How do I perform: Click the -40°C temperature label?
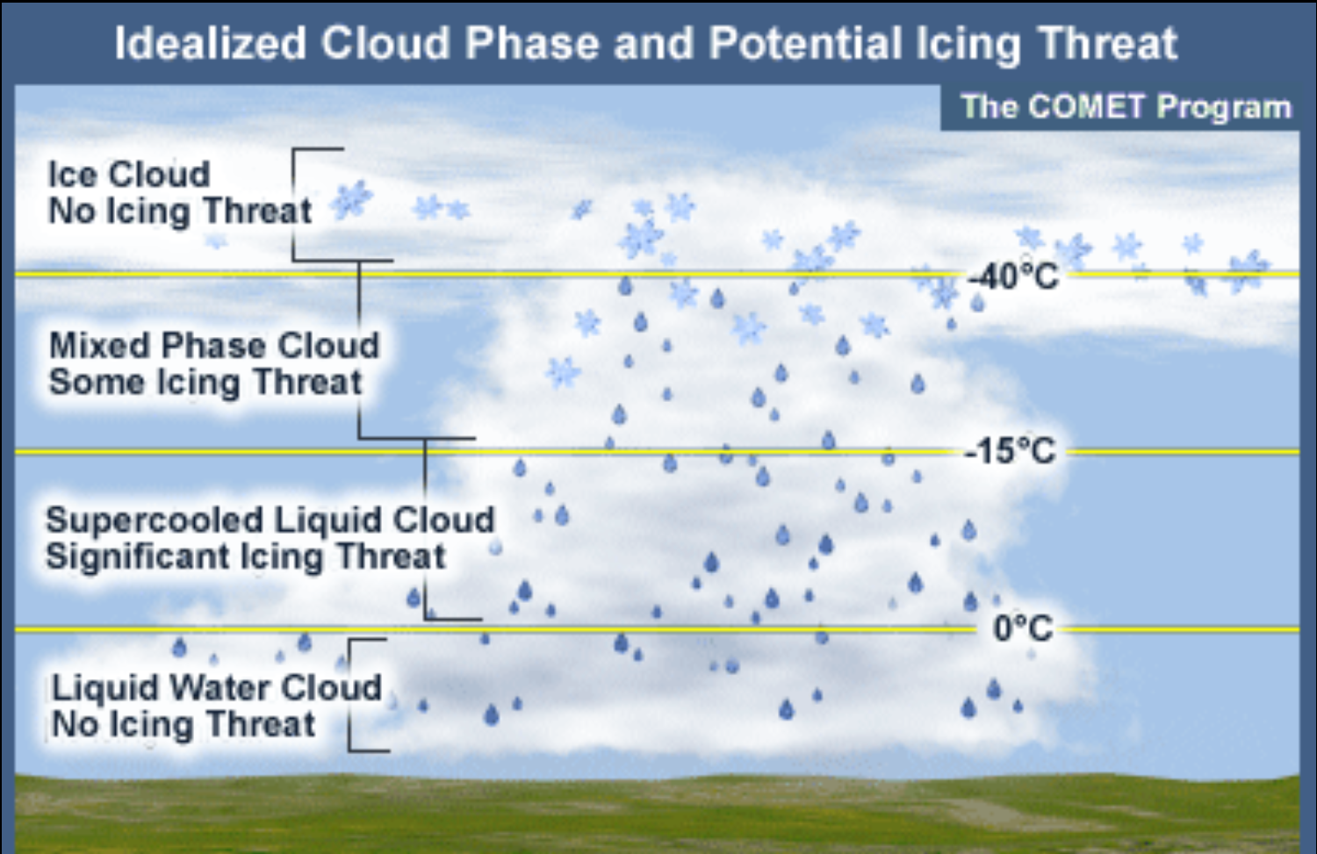tap(1012, 277)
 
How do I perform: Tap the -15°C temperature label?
tap(1010, 452)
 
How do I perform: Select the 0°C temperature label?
tap(1022, 628)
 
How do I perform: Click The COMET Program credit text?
tap(1126, 107)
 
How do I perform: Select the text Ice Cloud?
tap(129, 174)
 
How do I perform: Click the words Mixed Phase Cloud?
tap(214, 345)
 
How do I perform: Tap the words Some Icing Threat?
tap(205, 383)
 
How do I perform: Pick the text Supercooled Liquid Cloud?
tap(270, 520)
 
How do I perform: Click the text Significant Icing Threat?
tap(246, 556)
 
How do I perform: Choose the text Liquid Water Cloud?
tap(216, 687)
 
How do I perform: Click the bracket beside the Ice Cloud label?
tap(296, 205)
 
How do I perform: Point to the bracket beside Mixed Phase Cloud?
tap(360, 351)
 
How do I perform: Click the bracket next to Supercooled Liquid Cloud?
tap(427, 527)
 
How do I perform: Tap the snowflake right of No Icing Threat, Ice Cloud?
tap(352, 201)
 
